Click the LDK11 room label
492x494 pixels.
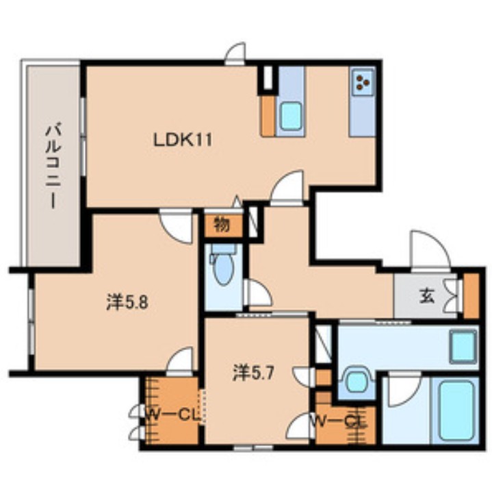click(x=183, y=140)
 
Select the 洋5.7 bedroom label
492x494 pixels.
click(x=253, y=373)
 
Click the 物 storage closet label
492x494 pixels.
click(x=222, y=225)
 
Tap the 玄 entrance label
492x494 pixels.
click(x=427, y=296)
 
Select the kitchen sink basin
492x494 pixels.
click(x=291, y=116)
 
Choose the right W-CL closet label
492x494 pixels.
click(x=339, y=421)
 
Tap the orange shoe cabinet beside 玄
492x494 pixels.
click(x=471, y=295)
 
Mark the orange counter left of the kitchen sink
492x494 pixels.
click(x=268, y=116)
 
